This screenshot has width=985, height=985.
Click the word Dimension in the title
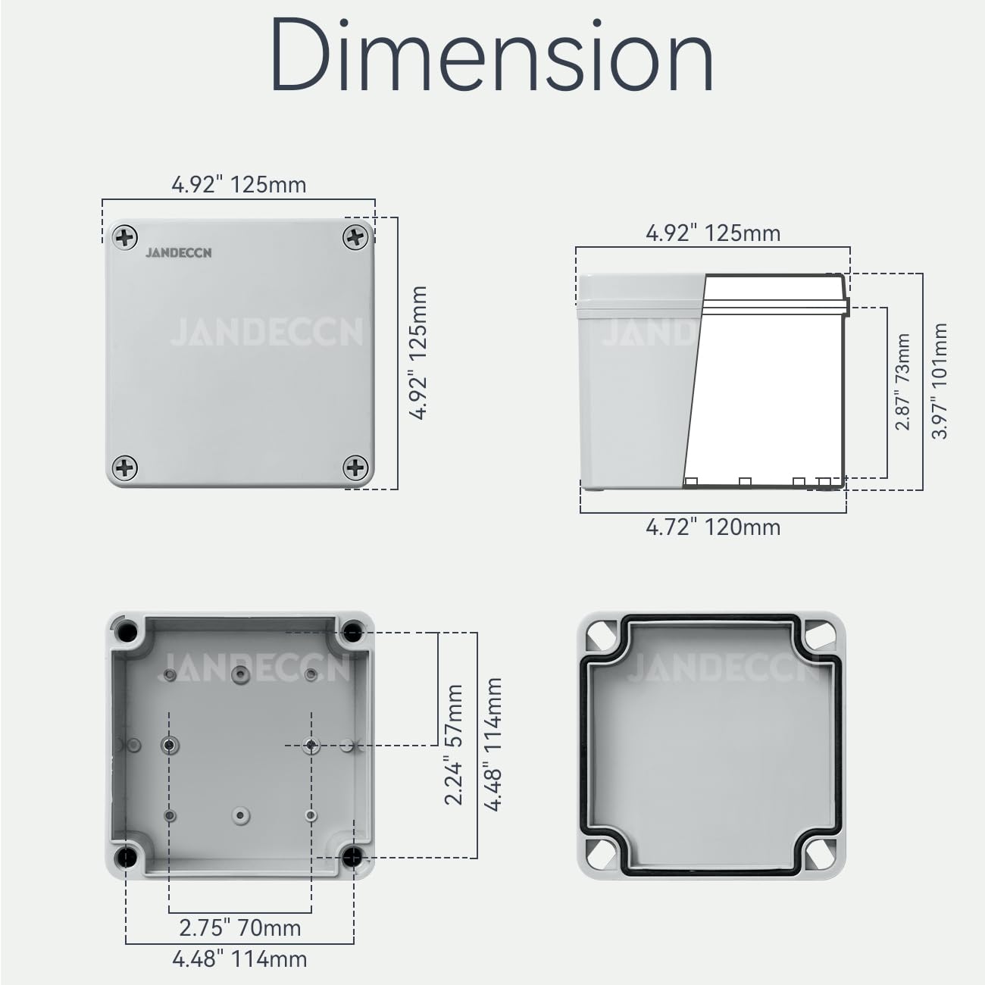coord(492,55)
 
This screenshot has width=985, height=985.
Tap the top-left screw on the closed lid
coord(125,238)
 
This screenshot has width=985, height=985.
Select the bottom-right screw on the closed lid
coord(355,467)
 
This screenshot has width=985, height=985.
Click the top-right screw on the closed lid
coord(355,238)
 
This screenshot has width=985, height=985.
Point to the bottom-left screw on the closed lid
coord(125,467)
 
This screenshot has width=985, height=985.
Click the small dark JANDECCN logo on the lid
coord(179,253)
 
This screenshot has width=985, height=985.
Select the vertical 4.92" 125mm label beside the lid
coord(418,352)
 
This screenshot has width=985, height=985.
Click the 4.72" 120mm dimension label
coord(713,527)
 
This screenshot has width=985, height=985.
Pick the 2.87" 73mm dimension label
coord(902,382)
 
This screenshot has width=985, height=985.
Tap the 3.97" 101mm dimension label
coord(940,381)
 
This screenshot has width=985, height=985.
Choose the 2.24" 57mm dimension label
coord(454,745)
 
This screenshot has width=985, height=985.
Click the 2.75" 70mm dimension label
coord(240,928)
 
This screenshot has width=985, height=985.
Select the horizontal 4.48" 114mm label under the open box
coord(240,959)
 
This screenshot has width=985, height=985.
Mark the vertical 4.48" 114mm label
coord(493,745)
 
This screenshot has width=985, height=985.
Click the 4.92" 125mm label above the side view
coord(713,233)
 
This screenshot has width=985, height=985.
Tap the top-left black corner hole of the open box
coord(126,631)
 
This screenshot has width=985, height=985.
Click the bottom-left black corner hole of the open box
coord(125,857)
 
